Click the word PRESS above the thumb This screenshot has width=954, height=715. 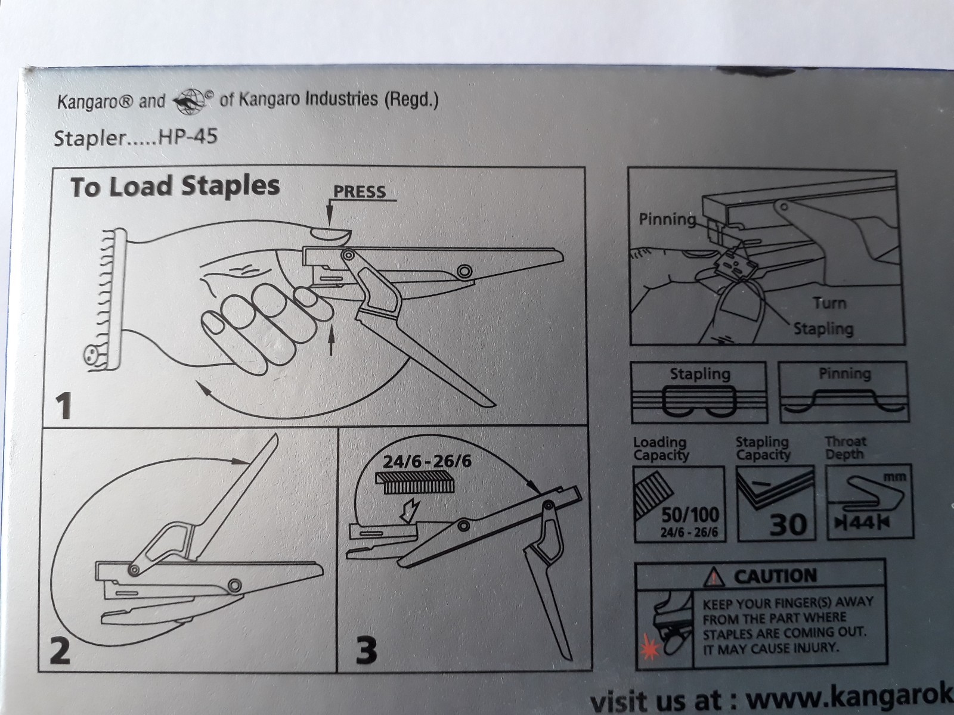pos(359,192)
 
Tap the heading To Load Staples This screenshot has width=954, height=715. pos(175,186)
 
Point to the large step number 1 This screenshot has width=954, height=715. pos(63,406)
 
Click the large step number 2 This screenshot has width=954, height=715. pos(59,651)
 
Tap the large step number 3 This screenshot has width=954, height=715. pos(366,651)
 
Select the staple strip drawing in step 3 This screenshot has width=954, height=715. pos(415,483)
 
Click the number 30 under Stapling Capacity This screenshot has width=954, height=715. pos(788,524)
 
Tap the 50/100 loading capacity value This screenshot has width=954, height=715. pos(690,515)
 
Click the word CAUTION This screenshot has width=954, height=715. pos(775,577)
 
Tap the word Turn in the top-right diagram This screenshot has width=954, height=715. pos(829,303)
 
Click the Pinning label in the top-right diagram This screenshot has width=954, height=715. pos(667,219)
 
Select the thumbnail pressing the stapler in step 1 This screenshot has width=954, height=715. pos(330,234)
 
